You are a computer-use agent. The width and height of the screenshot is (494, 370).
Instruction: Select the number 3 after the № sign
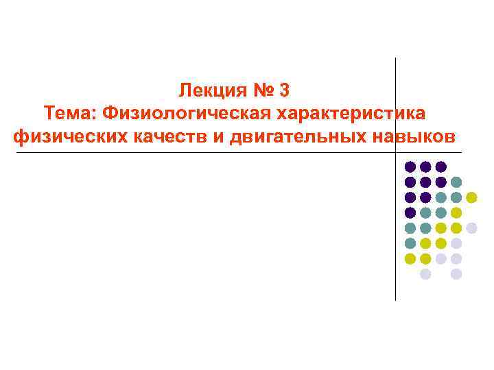click(x=286, y=89)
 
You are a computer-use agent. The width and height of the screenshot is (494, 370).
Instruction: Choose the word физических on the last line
click(x=65, y=135)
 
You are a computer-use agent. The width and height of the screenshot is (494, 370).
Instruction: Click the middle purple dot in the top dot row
click(x=425, y=166)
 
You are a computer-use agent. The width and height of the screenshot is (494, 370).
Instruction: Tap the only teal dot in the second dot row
click(x=456, y=182)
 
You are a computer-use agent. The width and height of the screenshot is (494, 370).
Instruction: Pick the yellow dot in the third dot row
click(x=471, y=197)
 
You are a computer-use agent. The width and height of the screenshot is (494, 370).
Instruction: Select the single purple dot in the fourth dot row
click(x=410, y=212)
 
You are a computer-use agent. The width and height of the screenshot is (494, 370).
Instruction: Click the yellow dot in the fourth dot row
click(x=456, y=212)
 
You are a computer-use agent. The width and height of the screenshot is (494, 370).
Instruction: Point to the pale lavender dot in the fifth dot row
click(x=471, y=228)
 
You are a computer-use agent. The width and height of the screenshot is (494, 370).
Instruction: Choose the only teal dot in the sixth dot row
click(x=410, y=243)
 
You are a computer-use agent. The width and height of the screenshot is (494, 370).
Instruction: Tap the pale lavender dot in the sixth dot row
click(x=456, y=243)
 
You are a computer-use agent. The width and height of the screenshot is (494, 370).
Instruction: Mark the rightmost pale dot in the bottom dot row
click(x=456, y=274)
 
